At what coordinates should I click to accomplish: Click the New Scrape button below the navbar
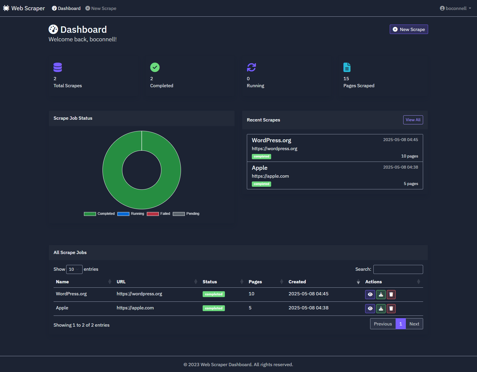click(x=409, y=29)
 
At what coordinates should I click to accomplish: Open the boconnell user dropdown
click(x=455, y=8)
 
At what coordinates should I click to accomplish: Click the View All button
click(x=413, y=120)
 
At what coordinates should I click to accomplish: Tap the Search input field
click(x=398, y=269)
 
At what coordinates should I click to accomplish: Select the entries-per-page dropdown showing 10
click(x=74, y=269)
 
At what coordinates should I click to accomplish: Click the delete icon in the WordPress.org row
click(x=391, y=294)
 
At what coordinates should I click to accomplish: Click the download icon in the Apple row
click(x=381, y=308)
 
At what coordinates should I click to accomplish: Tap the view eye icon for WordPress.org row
click(x=370, y=294)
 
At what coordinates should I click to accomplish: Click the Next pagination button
click(x=414, y=324)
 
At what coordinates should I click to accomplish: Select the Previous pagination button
click(x=383, y=324)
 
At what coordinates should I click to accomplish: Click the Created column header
click(x=297, y=282)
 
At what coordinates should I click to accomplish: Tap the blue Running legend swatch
click(x=123, y=214)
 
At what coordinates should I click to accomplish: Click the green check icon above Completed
click(x=155, y=67)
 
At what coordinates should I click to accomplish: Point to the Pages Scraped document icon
click(x=347, y=67)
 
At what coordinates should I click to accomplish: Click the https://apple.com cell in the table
click(x=135, y=308)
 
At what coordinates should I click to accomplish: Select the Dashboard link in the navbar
click(x=66, y=8)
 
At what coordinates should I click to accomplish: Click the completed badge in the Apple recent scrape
click(x=261, y=184)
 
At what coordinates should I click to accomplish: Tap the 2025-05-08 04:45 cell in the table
click(x=308, y=294)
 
